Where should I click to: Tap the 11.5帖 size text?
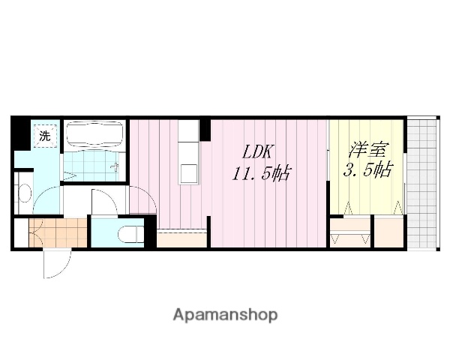point(260,174)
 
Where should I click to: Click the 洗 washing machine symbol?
point(46,136)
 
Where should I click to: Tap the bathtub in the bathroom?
point(94,136)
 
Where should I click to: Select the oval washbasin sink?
point(22,193)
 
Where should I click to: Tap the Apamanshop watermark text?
point(225,315)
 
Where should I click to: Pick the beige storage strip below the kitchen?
point(181,240)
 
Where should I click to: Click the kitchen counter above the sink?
point(189,139)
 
